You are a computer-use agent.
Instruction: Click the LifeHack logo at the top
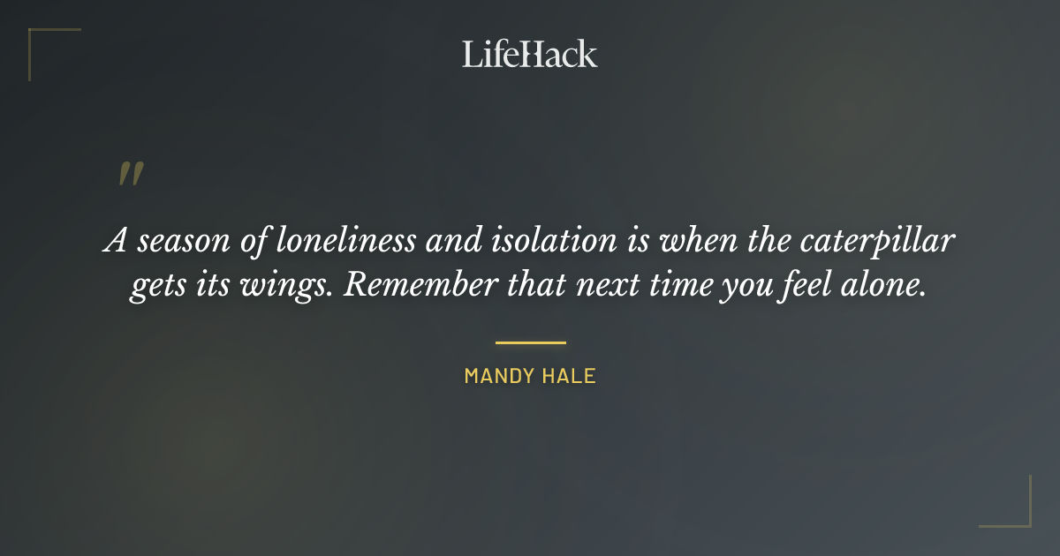coord(530,54)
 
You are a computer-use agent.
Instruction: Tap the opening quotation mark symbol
coord(130,174)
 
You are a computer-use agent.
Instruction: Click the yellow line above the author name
coord(530,342)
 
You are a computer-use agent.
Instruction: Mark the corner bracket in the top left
coord(40,40)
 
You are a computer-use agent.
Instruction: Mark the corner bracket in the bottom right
coord(1019,515)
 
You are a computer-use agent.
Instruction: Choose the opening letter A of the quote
coord(115,240)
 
